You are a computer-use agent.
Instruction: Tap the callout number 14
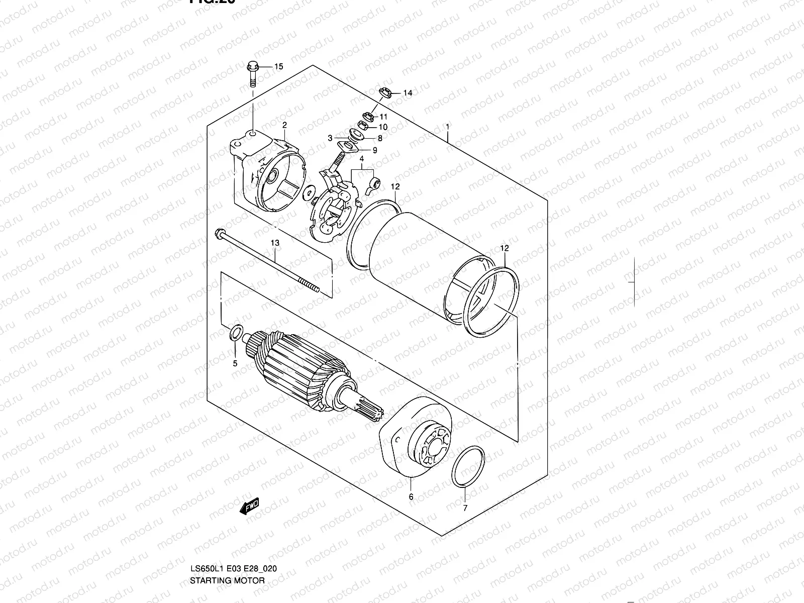click(x=407, y=93)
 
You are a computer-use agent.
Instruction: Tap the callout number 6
click(x=411, y=497)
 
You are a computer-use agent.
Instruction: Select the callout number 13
click(x=275, y=243)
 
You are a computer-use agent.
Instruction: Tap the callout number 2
click(x=284, y=125)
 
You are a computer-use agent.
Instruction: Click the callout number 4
click(x=361, y=159)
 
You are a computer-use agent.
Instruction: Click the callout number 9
click(x=374, y=150)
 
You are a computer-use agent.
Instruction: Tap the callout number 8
click(x=380, y=138)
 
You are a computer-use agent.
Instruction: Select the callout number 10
click(x=383, y=127)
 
